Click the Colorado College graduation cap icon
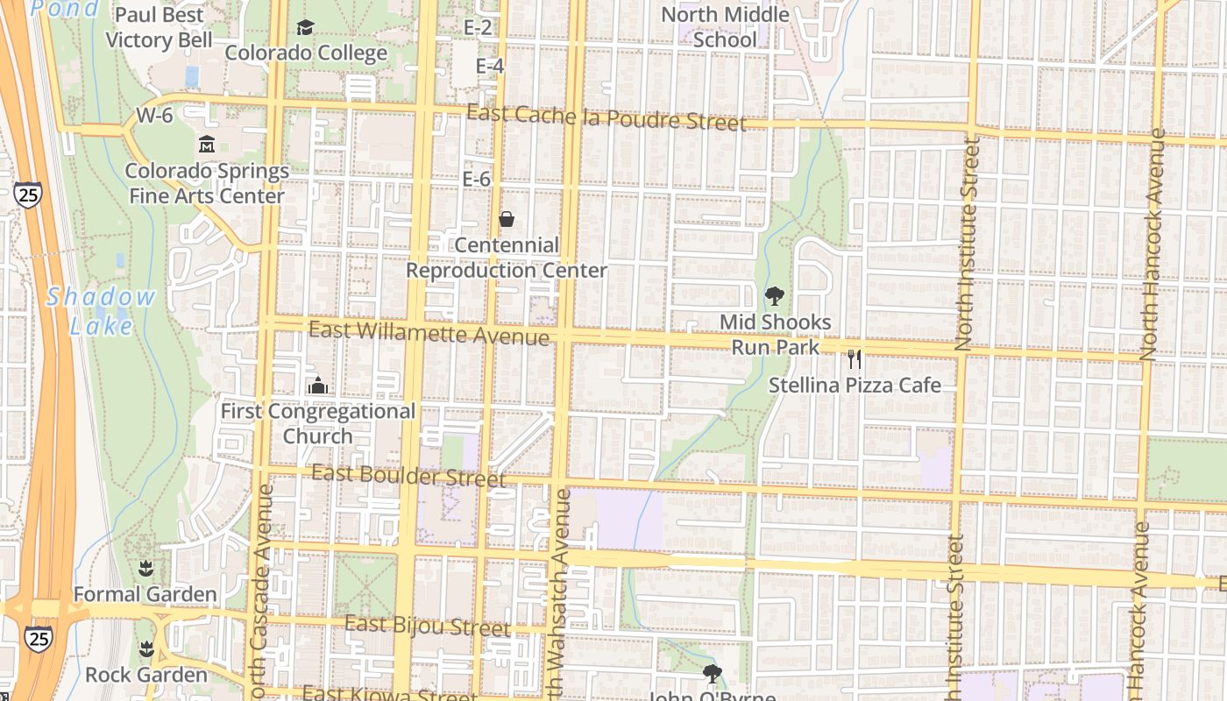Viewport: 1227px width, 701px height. click(304, 28)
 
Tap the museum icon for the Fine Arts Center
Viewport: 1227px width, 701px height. click(207, 143)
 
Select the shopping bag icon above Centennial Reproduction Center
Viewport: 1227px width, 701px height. click(506, 218)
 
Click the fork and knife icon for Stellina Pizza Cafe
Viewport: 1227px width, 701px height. click(855, 358)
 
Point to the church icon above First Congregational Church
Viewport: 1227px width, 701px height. click(317, 385)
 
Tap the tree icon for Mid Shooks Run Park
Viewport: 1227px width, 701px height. click(774, 295)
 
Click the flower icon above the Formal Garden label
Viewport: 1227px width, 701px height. click(145, 568)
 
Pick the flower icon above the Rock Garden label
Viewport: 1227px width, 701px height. click(145, 649)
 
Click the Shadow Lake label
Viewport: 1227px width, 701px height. click(101, 311)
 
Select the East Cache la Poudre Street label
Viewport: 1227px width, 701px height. click(606, 117)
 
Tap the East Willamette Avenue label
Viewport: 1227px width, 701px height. click(429, 333)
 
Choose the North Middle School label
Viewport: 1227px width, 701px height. click(725, 27)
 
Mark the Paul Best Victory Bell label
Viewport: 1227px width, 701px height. click(159, 27)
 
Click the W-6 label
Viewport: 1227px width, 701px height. click(154, 116)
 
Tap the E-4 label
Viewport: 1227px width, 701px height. click(490, 66)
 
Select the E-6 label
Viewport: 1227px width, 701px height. click(477, 179)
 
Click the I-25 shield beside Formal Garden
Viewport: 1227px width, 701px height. click(38, 637)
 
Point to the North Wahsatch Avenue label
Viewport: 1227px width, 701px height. click(560, 596)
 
